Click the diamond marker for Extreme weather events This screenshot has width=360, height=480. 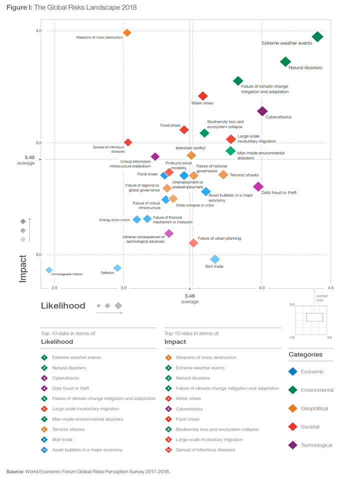[317, 36]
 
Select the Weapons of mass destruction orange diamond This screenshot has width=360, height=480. [127, 32]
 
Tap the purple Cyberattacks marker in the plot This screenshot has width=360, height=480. [262, 111]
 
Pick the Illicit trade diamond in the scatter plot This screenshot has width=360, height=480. [215, 259]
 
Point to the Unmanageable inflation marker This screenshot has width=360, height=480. [49, 270]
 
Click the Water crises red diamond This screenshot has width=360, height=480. [202, 96]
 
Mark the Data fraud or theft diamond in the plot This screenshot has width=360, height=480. [258, 186]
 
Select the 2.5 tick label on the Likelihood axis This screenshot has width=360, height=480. [54, 288]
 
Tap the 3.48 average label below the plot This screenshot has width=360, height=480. [189, 295]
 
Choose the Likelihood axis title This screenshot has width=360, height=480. [63, 305]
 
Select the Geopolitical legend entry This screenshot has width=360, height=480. [314, 408]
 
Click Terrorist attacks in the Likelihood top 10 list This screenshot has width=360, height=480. [68, 428]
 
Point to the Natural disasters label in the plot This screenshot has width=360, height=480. [305, 67]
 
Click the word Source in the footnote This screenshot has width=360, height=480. [14, 471]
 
